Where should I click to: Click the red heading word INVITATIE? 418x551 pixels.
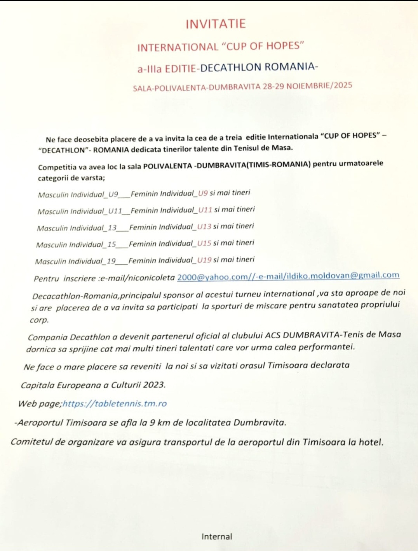(x=216, y=24)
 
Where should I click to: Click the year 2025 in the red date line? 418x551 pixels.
(x=343, y=85)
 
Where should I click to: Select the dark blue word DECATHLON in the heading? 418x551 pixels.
(x=231, y=68)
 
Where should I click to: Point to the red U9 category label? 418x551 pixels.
(x=203, y=193)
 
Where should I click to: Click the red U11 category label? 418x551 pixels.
(x=205, y=210)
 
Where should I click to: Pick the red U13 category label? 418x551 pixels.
(x=204, y=227)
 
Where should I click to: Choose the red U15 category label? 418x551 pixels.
(x=204, y=243)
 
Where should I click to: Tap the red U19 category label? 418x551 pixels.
(x=204, y=260)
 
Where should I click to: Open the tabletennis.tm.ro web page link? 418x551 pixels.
(x=115, y=404)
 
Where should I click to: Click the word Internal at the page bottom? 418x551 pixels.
(x=217, y=537)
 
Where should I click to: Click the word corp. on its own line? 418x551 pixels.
(x=39, y=320)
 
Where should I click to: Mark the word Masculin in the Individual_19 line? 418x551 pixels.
(x=51, y=262)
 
